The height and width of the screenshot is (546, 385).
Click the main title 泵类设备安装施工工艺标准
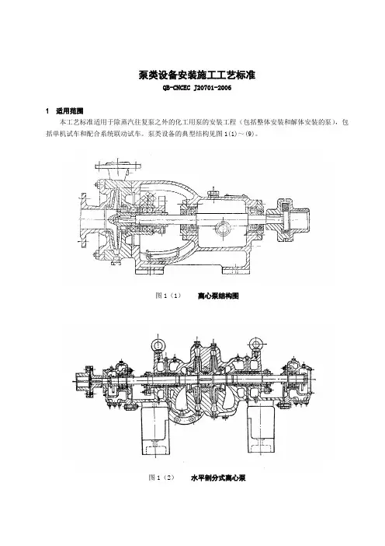[197, 75]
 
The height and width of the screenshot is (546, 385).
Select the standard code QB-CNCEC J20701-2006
[197, 88]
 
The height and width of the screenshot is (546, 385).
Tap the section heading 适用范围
[70, 111]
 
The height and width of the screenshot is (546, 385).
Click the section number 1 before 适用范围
[47, 111]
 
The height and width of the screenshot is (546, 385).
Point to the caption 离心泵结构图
[218, 296]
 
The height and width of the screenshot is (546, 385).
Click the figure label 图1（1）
[168, 296]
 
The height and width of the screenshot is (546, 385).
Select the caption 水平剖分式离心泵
[218, 478]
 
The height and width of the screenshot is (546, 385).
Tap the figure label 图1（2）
[161, 478]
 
